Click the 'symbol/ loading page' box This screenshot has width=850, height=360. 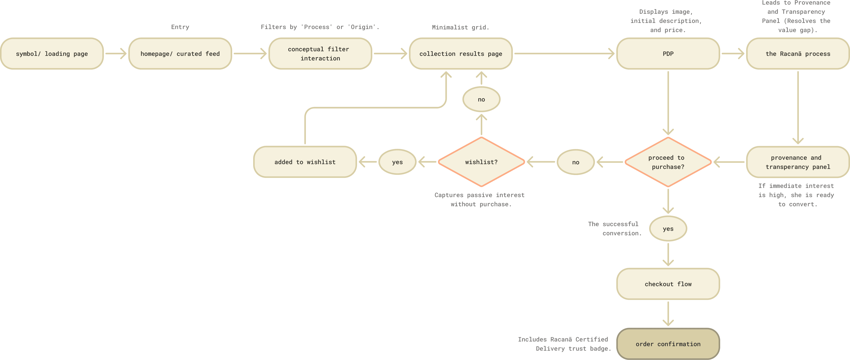pyautogui.click(x=52, y=53)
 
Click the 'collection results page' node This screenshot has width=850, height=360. pyautogui.click(x=461, y=53)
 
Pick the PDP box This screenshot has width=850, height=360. pyautogui.click(x=668, y=53)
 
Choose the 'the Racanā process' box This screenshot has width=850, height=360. pyautogui.click(x=797, y=53)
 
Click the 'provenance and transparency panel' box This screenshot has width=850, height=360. pyautogui.click(x=797, y=162)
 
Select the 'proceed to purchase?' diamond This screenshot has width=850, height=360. pyautogui.click(x=668, y=162)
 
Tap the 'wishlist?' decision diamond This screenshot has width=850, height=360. pyautogui.click(x=481, y=162)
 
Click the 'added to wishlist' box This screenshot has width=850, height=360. pyautogui.click(x=305, y=162)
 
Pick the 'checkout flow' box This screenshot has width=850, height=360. pyautogui.click(x=668, y=284)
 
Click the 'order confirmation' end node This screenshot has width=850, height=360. pyautogui.click(x=668, y=344)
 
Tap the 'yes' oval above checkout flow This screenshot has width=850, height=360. pyautogui.click(x=668, y=229)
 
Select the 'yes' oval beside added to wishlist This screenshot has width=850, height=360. pyautogui.click(x=397, y=162)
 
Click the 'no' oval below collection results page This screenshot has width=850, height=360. pyautogui.click(x=481, y=99)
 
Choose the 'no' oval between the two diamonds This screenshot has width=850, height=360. pyautogui.click(x=575, y=162)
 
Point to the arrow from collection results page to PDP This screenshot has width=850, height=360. pyautogui.click(x=564, y=53)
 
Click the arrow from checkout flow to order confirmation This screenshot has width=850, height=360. pyautogui.click(x=668, y=313)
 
